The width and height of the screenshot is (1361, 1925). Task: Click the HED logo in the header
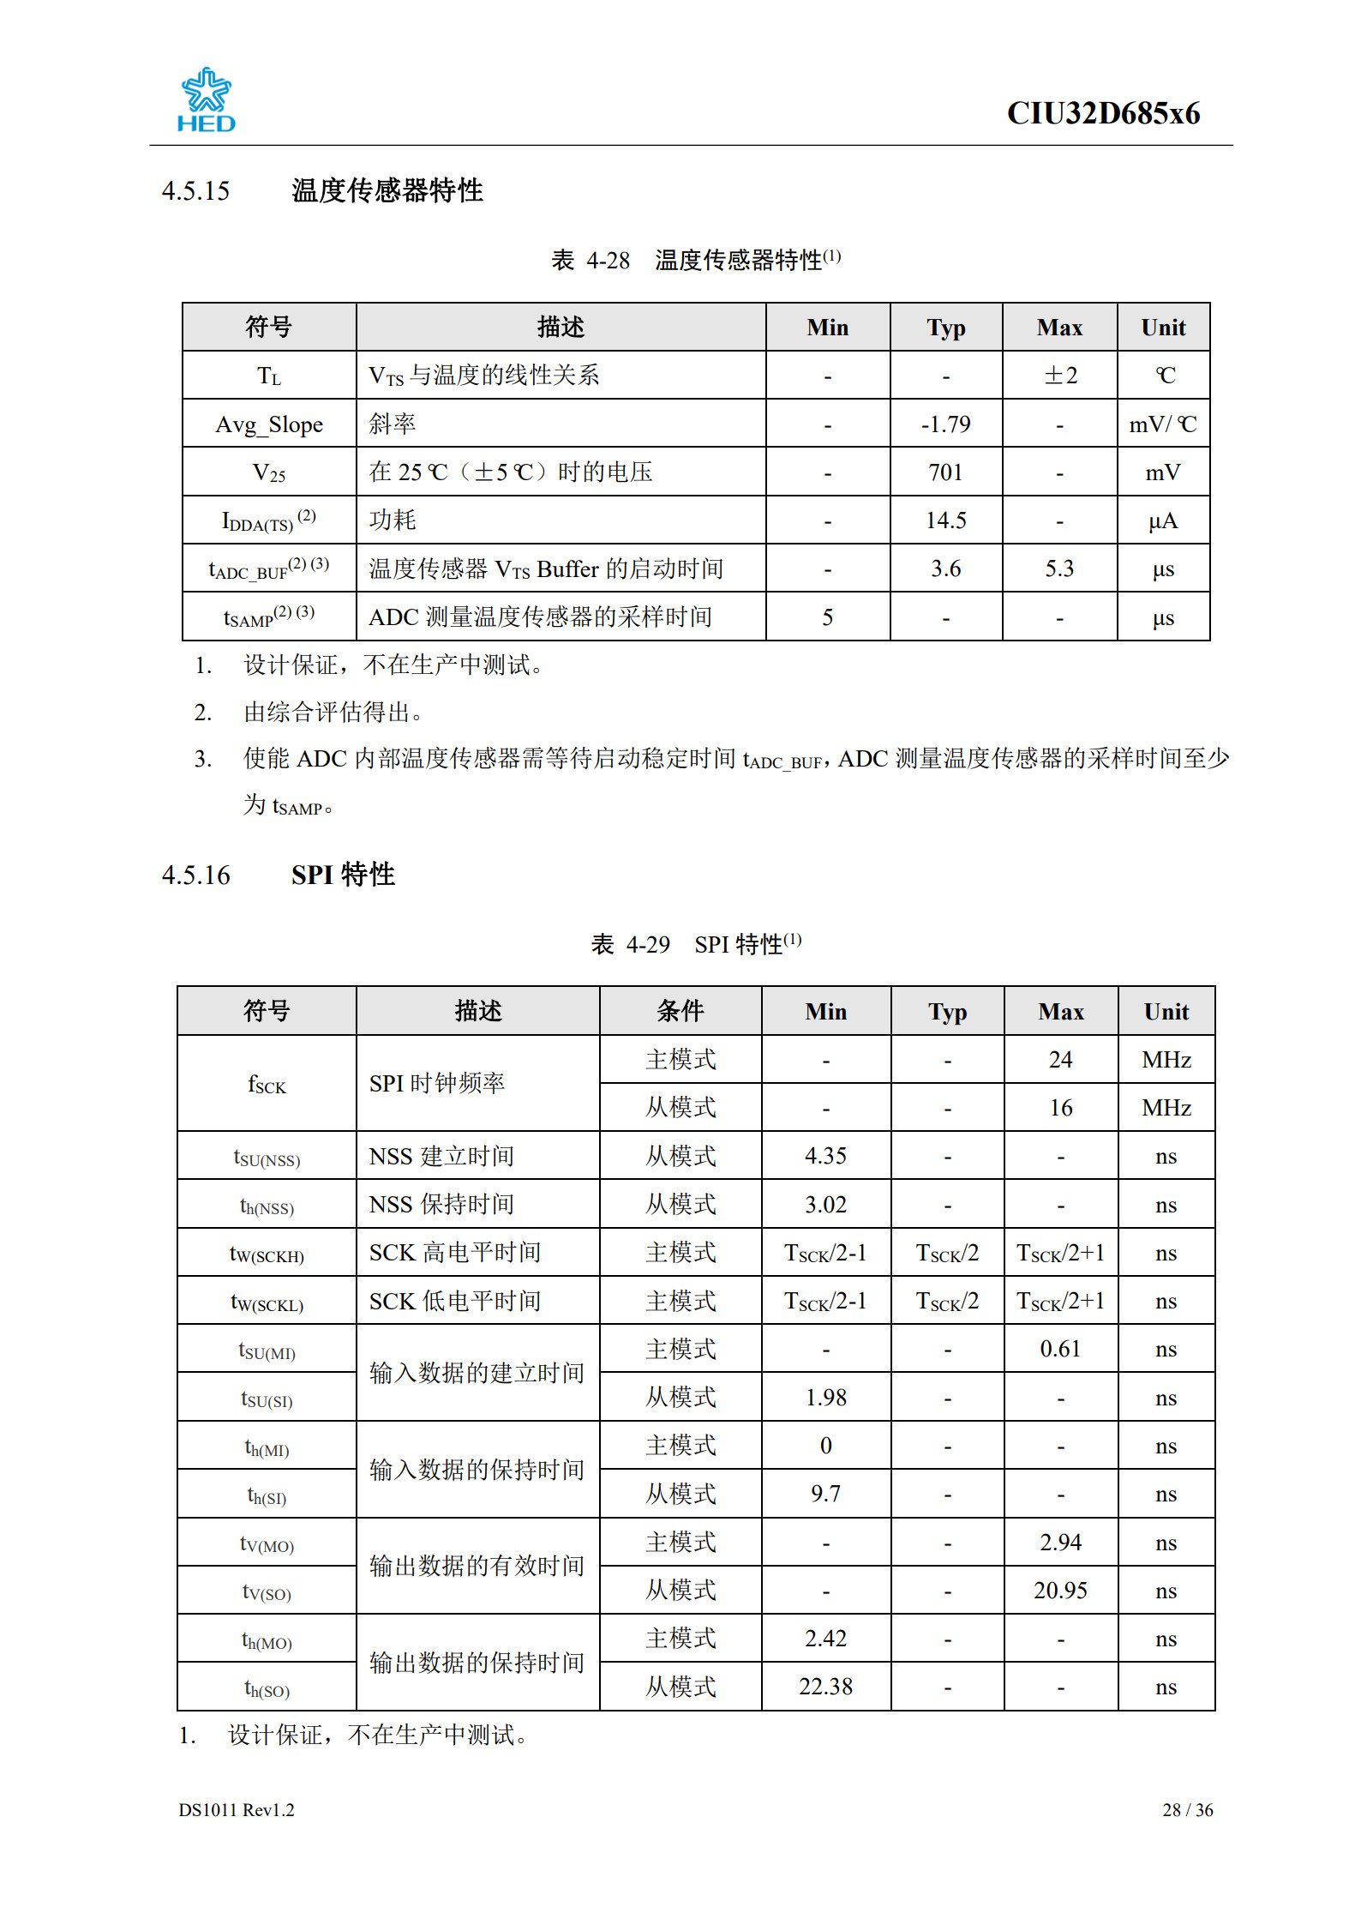(206, 100)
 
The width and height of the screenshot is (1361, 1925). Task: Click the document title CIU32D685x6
(1102, 113)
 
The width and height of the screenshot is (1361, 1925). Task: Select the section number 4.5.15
(195, 190)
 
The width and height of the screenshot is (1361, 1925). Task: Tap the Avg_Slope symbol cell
(269, 424)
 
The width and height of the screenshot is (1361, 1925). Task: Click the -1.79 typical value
(945, 424)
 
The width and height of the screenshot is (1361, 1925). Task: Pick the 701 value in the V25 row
(945, 472)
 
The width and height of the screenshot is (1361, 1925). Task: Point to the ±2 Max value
(1059, 376)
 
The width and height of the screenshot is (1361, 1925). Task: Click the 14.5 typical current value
(945, 520)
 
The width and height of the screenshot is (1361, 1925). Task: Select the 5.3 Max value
(1059, 568)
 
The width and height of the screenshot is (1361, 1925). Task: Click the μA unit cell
(1163, 520)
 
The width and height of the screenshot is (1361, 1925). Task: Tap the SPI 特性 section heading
(343, 875)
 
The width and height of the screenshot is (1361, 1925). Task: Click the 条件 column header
(680, 1011)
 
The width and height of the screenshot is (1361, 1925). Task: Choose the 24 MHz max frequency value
(1060, 1060)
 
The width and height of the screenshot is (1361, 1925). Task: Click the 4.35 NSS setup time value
(825, 1156)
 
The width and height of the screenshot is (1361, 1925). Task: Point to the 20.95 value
(1060, 1591)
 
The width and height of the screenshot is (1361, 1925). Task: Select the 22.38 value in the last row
(825, 1687)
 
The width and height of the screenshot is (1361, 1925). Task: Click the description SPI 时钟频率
(437, 1084)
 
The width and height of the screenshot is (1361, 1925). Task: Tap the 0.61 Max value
(1060, 1349)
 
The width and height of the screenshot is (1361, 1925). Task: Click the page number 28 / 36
(1187, 1810)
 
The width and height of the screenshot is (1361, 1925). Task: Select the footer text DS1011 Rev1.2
(237, 1810)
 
